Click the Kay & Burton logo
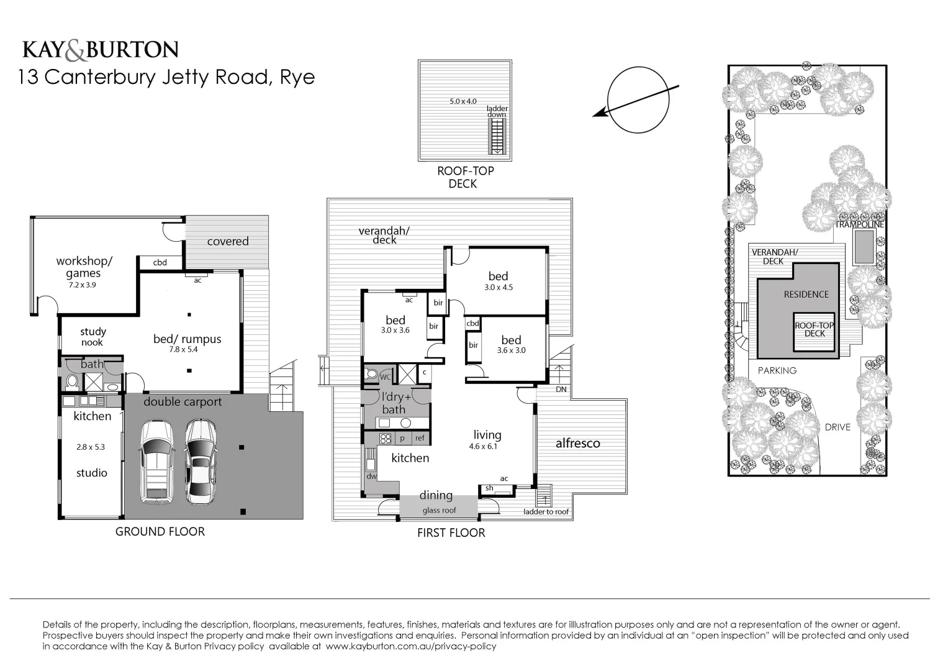coord(101,50)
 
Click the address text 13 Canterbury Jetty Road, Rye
coord(167,77)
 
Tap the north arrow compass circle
coord(639,99)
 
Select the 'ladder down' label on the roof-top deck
coord(497,111)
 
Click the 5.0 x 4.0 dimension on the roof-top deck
coord(463,101)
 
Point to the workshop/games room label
coord(84,267)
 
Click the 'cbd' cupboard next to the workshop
coord(160,263)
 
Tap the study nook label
coord(93,337)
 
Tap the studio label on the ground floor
coord(92,473)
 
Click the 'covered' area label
coord(228,241)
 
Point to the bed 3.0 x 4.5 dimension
coord(499,288)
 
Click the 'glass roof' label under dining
coord(439,511)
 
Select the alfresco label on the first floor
coord(577,443)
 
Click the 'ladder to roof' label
coord(546,512)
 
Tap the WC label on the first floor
coord(385,377)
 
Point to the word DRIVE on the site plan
coord(837,427)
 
